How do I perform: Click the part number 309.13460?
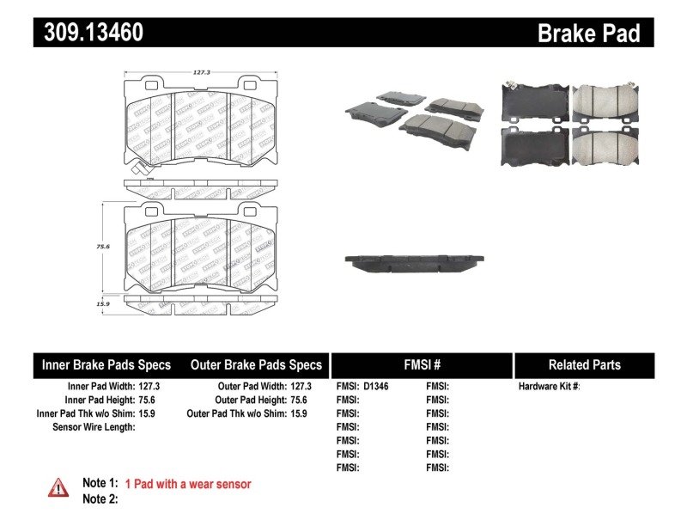[88, 33]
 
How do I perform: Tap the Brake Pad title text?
[588, 33]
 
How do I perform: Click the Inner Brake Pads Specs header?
[106, 364]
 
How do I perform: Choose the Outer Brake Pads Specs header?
[256, 364]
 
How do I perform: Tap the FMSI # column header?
[421, 364]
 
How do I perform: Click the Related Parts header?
[584, 364]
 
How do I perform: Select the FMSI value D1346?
[376, 387]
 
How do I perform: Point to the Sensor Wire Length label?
[94, 427]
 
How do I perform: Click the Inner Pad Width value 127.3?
[151, 387]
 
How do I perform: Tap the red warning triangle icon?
[58, 487]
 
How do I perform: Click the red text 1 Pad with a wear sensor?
[188, 485]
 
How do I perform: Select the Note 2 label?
[100, 499]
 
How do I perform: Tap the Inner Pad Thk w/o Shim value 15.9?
[151, 413]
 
